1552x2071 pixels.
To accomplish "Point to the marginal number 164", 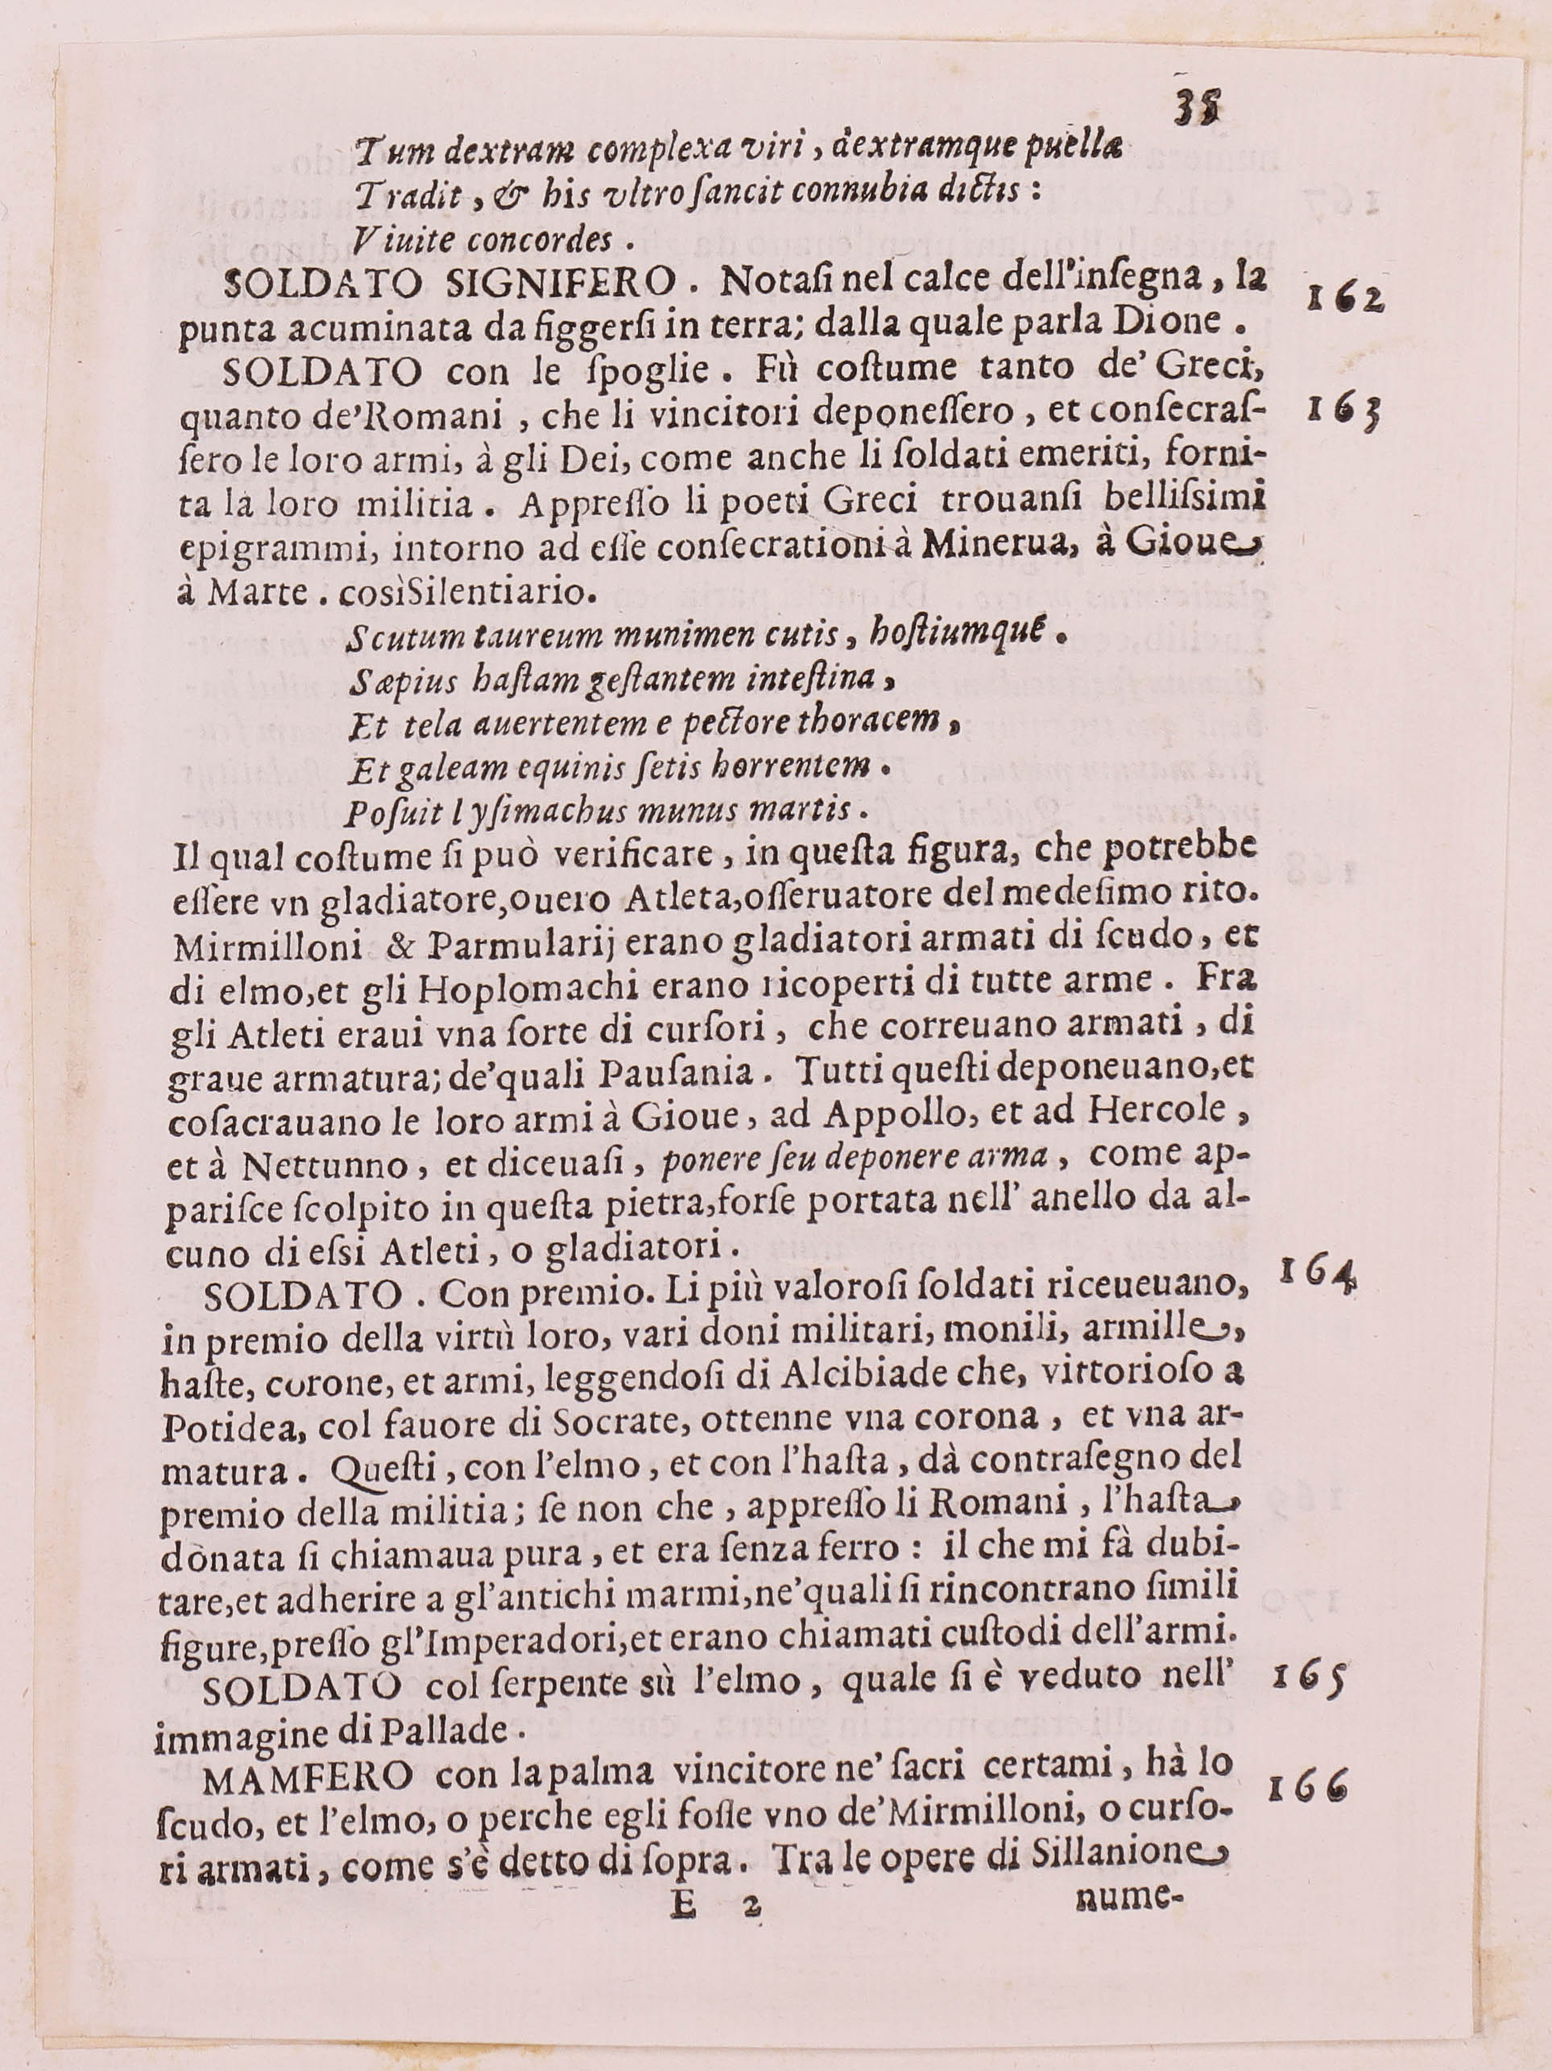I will (x=1317, y=1274).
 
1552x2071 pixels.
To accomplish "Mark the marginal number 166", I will (x=1306, y=1789).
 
